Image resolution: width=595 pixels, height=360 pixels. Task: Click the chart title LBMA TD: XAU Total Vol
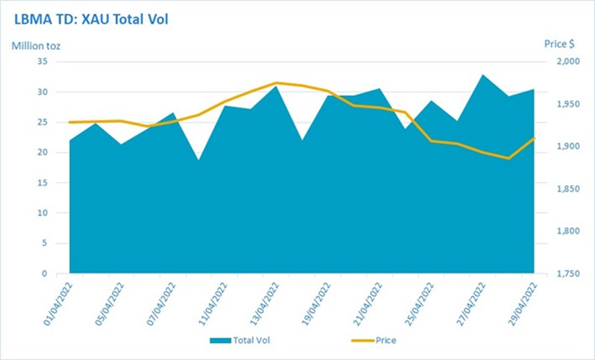[x=91, y=19]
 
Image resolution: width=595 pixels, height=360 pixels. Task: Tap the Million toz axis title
[x=36, y=46]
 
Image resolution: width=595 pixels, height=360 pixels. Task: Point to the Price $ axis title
[x=559, y=44]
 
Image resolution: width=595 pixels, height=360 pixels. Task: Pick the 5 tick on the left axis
[x=44, y=243]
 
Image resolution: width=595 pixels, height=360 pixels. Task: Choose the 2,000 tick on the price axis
[x=568, y=61]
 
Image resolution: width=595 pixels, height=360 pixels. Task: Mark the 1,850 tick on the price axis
[x=568, y=189]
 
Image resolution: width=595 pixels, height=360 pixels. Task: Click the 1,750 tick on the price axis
[x=568, y=273]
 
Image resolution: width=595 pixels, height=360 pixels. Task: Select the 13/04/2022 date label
[x=265, y=304]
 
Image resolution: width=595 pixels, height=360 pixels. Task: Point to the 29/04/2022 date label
[x=522, y=304]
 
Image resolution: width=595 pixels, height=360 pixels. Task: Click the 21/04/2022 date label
[x=368, y=304]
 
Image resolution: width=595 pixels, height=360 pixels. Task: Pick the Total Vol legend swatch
[x=220, y=341]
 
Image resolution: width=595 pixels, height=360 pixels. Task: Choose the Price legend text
[x=386, y=341]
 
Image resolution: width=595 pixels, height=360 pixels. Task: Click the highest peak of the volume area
[x=482, y=75]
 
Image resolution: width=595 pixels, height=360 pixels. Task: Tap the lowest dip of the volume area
[x=199, y=160]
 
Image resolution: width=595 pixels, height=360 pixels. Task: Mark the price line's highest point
[x=276, y=83]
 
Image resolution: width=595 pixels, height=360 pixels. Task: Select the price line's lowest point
[x=508, y=159]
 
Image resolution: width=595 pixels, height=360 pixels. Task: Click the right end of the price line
[x=535, y=138]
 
